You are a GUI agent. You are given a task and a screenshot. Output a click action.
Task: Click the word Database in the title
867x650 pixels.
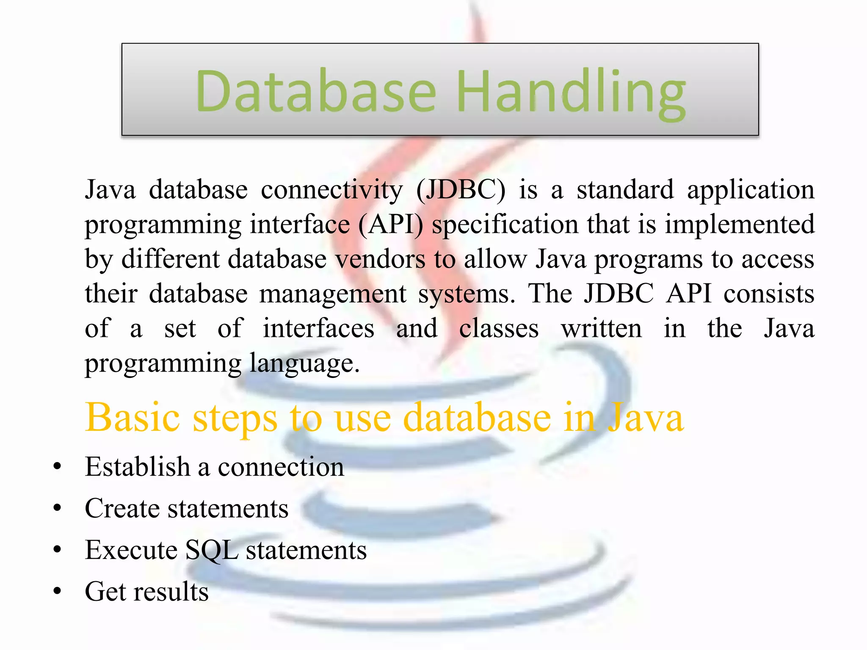315,91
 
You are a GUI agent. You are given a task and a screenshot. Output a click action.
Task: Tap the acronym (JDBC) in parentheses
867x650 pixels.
461,190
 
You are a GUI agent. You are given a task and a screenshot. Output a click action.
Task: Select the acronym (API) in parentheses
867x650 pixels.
390,224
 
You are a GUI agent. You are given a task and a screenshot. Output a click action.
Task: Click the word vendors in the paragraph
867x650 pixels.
380,259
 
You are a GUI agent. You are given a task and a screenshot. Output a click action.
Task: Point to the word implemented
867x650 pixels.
739,224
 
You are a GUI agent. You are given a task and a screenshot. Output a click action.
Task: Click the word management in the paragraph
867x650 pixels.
333,294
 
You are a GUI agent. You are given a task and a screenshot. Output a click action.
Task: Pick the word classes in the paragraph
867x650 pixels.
499,328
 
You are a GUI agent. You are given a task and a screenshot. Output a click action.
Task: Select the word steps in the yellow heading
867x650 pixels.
235,418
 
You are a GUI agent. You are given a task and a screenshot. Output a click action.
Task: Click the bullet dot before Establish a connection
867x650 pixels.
58,467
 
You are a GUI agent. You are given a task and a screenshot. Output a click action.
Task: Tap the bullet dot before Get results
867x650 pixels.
58,591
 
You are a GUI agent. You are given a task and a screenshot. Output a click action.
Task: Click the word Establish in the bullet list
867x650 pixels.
137,467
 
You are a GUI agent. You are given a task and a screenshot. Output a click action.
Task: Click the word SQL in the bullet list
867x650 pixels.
211,550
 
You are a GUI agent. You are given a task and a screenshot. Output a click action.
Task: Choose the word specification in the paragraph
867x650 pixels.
505,224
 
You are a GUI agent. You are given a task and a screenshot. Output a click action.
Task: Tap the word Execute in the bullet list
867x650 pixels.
131,550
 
